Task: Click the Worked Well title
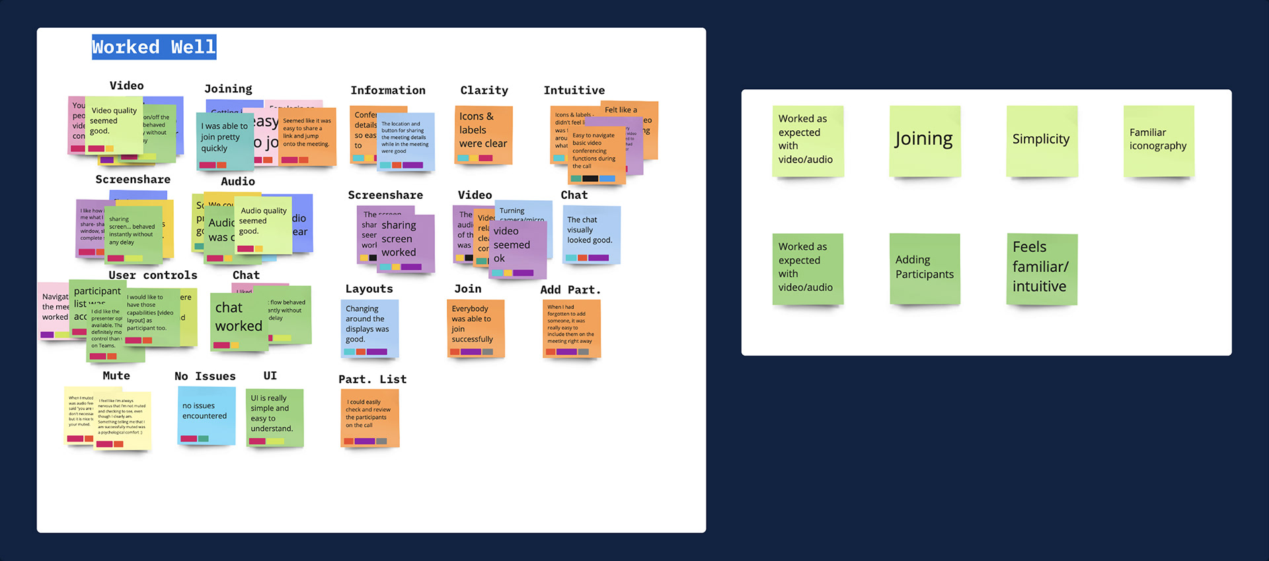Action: point(153,47)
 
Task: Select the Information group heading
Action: point(388,91)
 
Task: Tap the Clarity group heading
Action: point(484,91)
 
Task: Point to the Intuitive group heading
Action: point(574,91)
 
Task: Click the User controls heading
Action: point(153,276)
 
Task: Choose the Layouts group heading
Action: point(369,289)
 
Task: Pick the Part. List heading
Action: point(372,379)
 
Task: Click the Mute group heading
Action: point(116,376)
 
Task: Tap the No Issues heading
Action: point(205,377)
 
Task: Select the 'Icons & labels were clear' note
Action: point(483,134)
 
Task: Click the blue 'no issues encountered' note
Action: point(206,416)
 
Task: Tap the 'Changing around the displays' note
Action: point(369,328)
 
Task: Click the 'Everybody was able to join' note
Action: point(475,328)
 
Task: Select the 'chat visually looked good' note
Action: point(592,234)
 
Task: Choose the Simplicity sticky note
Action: point(1041,140)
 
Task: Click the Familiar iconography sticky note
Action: point(1158,140)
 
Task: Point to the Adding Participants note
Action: point(924,268)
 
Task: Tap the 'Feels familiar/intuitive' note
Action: point(1041,268)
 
